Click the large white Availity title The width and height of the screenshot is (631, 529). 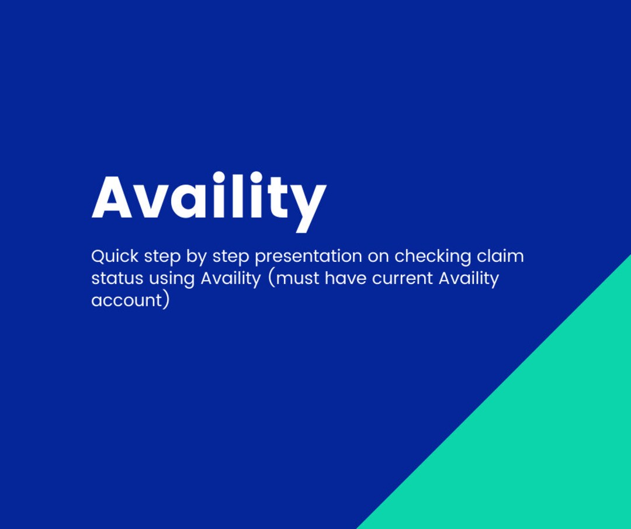pyautogui.click(x=209, y=198)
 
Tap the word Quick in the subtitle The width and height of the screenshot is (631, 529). pyautogui.click(x=115, y=257)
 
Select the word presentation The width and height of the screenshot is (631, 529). pyautogui.click(x=308, y=257)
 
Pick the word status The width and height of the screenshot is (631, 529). pyautogui.click(x=117, y=278)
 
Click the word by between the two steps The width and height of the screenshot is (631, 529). pyautogui.click(x=196, y=257)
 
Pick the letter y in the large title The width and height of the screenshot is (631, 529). pyautogui.click(x=307, y=205)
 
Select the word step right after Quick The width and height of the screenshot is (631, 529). pyautogui.click(x=162, y=257)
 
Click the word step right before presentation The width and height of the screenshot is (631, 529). pyautogui.click(x=231, y=257)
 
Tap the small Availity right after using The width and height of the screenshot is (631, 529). pyautogui.click(x=231, y=279)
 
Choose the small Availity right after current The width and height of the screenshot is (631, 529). pyautogui.click(x=469, y=279)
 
